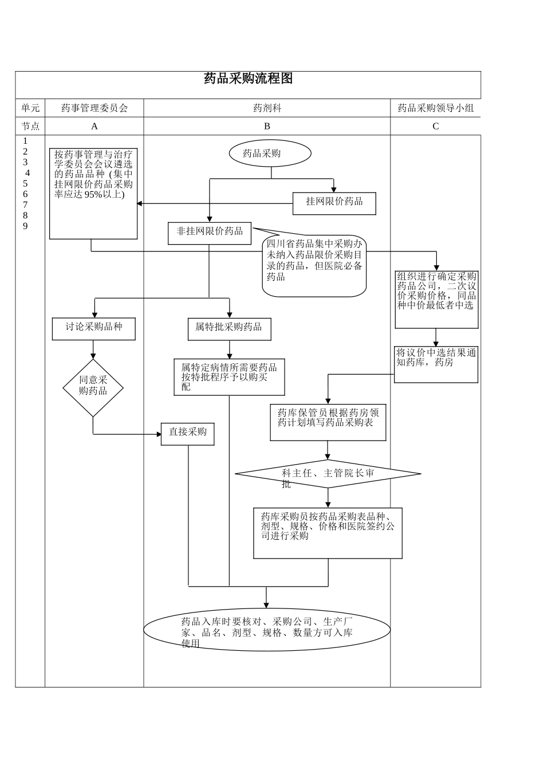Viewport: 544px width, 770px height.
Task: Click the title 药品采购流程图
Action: tap(248, 79)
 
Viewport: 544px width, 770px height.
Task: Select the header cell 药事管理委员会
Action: tap(94, 108)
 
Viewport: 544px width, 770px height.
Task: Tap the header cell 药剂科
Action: tap(267, 108)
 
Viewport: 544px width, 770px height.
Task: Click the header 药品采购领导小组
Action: tap(436, 108)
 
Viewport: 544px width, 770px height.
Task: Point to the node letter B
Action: tap(267, 126)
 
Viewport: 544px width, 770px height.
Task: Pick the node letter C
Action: tap(436, 126)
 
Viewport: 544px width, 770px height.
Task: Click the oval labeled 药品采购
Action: tap(270, 154)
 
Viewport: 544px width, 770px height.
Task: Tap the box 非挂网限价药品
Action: tap(210, 233)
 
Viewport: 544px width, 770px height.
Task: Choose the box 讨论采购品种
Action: tap(94, 328)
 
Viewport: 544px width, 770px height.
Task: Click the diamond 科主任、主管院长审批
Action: tap(328, 474)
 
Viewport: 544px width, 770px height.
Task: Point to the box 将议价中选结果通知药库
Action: tap(436, 364)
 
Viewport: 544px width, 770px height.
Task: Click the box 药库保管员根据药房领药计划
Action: tap(328, 423)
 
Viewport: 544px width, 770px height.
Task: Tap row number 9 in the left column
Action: tap(25, 226)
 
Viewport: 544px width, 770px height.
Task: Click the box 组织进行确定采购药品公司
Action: tap(436, 299)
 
